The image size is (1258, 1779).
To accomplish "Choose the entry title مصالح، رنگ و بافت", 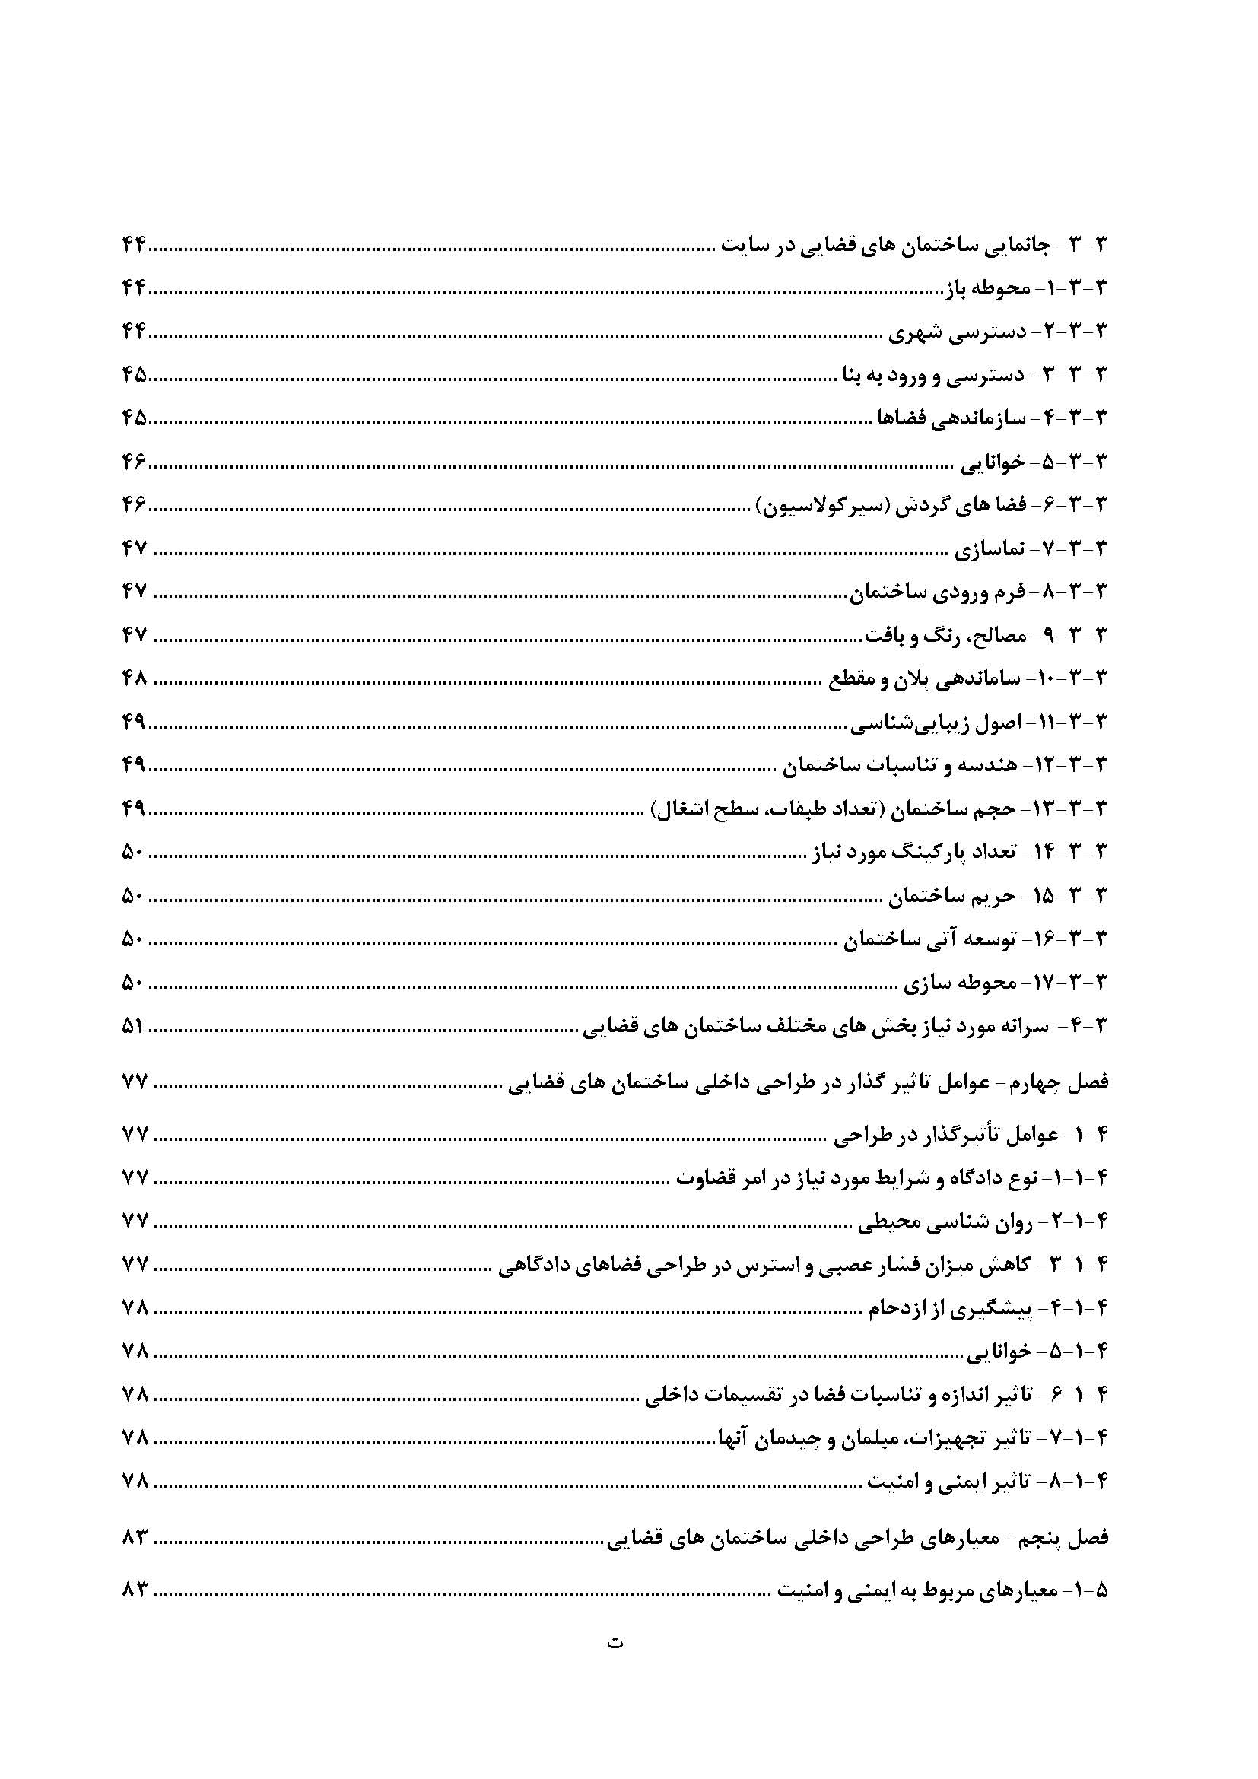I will click(x=945, y=636).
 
